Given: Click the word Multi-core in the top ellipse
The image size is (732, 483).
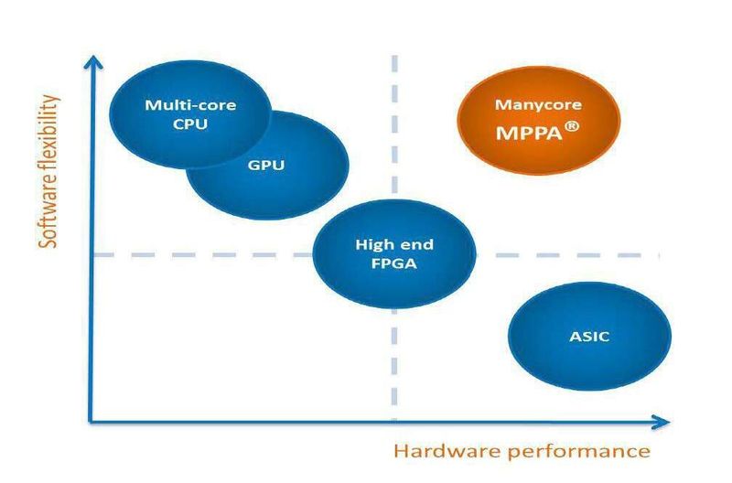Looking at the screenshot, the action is (x=190, y=104).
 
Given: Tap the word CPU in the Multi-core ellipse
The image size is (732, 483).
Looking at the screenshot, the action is (x=190, y=124).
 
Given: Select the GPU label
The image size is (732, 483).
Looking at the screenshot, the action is (x=266, y=165).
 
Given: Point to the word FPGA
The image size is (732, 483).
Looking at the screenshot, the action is (x=394, y=263).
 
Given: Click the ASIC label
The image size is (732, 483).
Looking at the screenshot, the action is (x=589, y=337).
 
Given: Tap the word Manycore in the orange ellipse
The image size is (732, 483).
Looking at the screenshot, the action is (x=538, y=104).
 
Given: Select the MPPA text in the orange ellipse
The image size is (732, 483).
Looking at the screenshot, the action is (x=529, y=133).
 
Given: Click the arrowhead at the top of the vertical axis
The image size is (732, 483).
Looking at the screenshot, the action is (x=93, y=61).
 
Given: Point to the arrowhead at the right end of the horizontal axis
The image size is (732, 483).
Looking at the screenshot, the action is (x=662, y=422).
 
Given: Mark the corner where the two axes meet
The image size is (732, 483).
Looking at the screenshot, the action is (x=91, y=422).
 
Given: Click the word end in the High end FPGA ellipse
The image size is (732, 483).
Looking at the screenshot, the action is (x=415, y=244).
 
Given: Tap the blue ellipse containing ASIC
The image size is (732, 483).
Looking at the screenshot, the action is (x=589, y=336).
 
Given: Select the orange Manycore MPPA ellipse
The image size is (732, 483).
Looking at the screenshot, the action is (x=539, y=121).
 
